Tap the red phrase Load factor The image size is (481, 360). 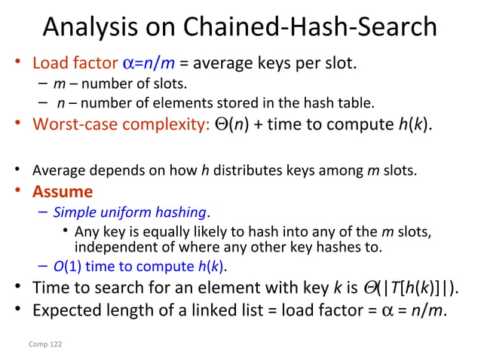[x=71, y=63]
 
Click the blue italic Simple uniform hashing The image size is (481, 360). [x=130, y=212]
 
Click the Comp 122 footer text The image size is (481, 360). [x=46, y=343]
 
